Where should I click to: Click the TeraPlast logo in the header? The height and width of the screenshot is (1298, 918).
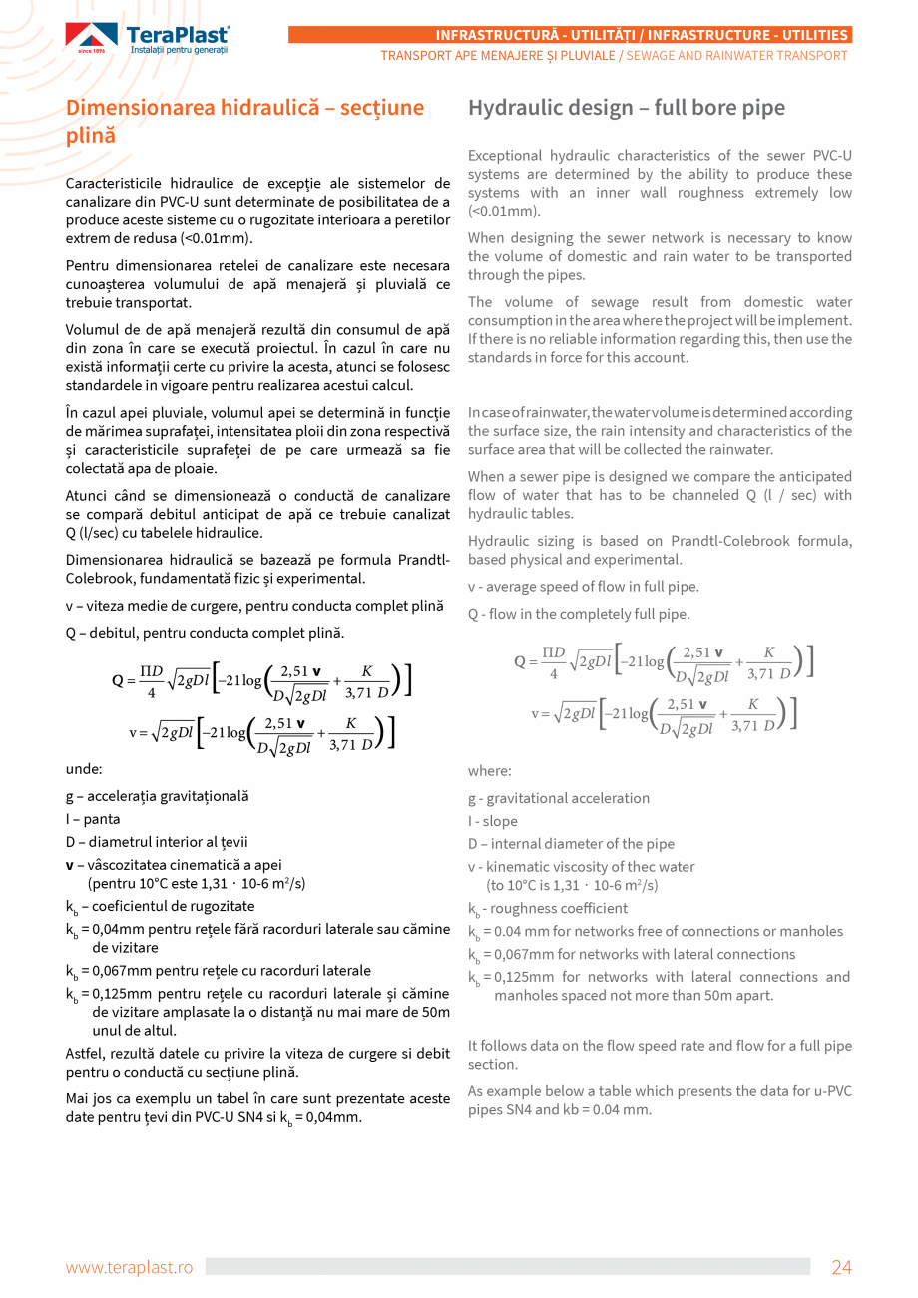pos(148,39)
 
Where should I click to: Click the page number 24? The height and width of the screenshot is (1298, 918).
pos(841,1267)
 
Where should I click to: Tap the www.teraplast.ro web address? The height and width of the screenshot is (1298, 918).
pos(129,1267)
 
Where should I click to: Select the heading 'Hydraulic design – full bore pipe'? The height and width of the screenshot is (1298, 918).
pos(627,108)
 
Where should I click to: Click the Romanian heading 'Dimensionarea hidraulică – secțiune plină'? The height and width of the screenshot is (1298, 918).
pos(244,121)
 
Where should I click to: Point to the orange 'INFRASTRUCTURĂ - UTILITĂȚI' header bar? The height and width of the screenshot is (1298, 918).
pos(570,35)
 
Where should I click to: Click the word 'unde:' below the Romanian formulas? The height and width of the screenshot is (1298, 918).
pos(84,769)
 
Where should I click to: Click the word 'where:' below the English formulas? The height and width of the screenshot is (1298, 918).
pos(489,771)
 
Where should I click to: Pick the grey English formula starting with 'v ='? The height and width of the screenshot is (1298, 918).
pos(664,714)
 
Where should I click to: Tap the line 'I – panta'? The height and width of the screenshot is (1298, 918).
pos(93,819)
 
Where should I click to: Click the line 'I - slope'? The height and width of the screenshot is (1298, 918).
pos(493,821)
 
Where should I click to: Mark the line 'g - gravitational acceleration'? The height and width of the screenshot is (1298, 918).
pos(559,798)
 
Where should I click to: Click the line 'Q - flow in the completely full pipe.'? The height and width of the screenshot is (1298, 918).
pos(579,614)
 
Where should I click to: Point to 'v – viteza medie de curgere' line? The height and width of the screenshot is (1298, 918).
pos(253,606)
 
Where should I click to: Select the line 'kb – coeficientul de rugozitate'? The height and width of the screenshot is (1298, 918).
pos(160,907)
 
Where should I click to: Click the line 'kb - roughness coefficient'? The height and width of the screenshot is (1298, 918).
pos(548,909)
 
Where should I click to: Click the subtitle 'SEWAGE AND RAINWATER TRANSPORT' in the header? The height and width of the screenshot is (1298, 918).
pos(736,55)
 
